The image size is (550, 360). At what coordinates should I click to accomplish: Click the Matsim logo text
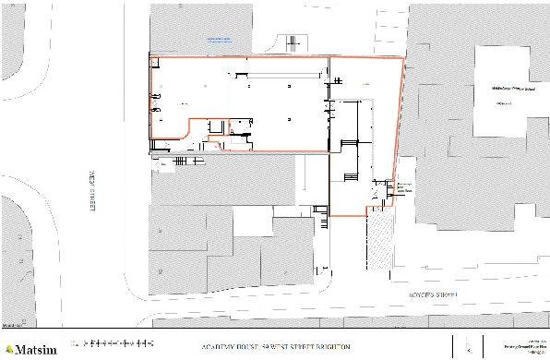coord(34,349)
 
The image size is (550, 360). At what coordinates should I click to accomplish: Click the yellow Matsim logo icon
coord(8,349)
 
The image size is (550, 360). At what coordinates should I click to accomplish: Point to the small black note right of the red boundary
coord(401,187)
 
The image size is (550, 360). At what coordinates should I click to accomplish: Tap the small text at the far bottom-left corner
coord(11,326)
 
